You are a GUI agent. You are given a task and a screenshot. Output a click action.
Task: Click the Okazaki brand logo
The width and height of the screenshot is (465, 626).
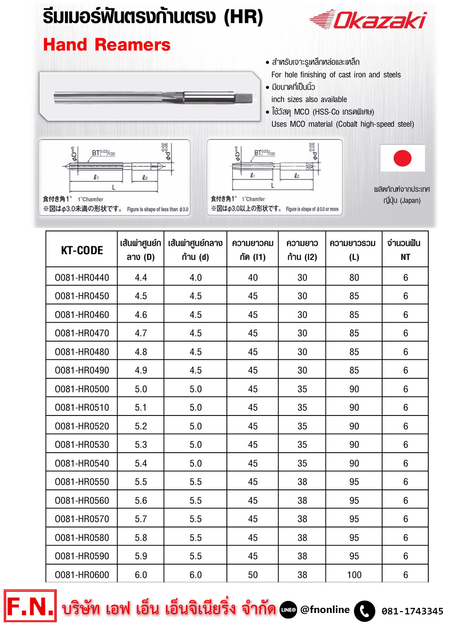(x=368, y=20)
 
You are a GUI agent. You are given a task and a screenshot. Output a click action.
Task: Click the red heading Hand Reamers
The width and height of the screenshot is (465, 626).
(x=106, y=45)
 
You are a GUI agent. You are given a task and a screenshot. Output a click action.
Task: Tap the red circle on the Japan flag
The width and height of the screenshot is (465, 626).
(x=402, y=158)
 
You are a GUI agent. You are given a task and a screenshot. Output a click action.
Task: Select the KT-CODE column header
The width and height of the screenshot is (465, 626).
(x=82, y=250)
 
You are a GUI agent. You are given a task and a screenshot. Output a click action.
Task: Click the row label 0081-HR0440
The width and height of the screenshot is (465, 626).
(x=82, y=277)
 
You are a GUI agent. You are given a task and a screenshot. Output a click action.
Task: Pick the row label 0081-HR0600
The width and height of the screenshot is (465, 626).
(x=82, y=575)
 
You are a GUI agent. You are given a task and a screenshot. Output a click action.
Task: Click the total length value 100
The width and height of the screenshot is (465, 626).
(x=354, y=575)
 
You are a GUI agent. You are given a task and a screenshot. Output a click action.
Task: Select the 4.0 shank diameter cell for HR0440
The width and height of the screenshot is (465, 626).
(x=195, y=277)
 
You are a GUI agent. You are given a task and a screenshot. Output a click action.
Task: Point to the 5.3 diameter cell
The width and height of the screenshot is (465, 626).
(x=141, y=445)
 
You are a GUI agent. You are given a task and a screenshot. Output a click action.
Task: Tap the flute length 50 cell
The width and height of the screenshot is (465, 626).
(x=252, y=575)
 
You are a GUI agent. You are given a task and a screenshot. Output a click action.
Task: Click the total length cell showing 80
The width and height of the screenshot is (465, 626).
(x=354, y=277)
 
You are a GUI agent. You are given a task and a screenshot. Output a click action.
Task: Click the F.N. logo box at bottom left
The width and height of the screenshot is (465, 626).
(x=30, y=606)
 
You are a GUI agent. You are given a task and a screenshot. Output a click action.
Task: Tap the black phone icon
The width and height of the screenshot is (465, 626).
(x=365, y=611)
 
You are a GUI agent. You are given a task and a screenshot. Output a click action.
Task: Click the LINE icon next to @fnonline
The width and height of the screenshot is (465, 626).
(x=288, y=610)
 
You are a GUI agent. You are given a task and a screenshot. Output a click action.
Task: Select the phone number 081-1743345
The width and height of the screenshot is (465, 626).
(x=412, y=611)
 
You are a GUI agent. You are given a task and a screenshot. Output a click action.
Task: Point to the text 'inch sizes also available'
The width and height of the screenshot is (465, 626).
(x=309, y=99)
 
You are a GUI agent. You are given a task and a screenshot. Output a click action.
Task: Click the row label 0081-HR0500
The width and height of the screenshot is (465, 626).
(x=82, y=389)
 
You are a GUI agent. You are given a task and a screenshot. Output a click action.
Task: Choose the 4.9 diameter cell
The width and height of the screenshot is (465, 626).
(x=141, y=370)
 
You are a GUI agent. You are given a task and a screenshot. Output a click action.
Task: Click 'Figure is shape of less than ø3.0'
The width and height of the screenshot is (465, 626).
(x=158, y=210)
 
